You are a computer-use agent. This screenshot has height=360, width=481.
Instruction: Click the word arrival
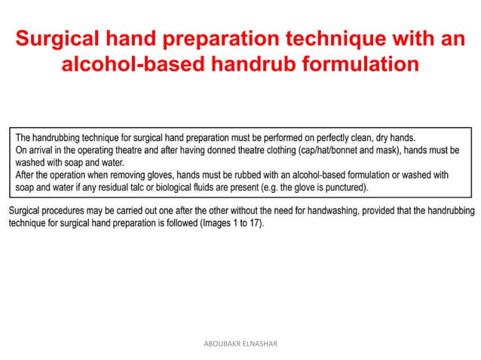point(44,150)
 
